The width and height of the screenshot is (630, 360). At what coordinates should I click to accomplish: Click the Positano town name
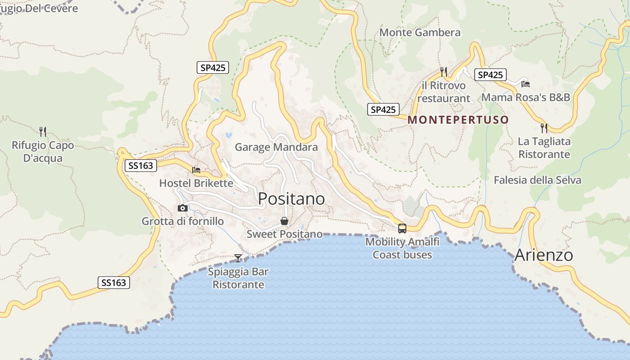(x=292, y=198)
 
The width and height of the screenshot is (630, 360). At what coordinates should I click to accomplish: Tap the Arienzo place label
(x=544, y=255)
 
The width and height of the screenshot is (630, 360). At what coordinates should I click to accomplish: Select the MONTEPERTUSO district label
(x=458, y=120)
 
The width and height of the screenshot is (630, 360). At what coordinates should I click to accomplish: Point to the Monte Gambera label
(x=420, y=32)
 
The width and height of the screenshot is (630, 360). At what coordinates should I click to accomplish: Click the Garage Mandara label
(x=276, y=147)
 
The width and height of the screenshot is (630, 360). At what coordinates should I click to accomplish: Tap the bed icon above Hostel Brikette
(x=196, y=170)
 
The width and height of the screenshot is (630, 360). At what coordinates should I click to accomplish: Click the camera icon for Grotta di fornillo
(x=183, y=208)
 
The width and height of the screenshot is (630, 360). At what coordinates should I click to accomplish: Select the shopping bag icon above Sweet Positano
(x=284, y=221)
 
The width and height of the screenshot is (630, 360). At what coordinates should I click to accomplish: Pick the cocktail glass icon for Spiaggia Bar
(x=238, y=258)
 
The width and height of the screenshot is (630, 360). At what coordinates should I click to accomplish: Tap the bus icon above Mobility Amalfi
(x=402, y=228)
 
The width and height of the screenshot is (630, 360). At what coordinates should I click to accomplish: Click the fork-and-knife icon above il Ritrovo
(x=444, y=71)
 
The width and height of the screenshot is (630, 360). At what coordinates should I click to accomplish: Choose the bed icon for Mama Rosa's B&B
(x=525, y=84)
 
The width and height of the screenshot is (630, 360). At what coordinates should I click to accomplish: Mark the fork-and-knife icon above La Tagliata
(x=544, y=128)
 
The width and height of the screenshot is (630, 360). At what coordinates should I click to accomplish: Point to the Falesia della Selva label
(x=537, y=180)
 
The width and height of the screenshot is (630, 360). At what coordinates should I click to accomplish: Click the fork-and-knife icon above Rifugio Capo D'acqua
(x=43, y=131)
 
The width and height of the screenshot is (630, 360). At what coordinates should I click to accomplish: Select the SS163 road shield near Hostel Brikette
(x=140, y=166)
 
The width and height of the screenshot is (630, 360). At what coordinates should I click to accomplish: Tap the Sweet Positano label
(x=284, y=234)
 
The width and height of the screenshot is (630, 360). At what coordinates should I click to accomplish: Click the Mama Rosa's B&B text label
(x=526, y=98)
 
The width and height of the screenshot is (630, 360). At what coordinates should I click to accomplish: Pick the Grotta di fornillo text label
(x=183, y=221)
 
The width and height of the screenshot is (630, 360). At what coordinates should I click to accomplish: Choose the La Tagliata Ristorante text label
(x=544, y=148)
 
